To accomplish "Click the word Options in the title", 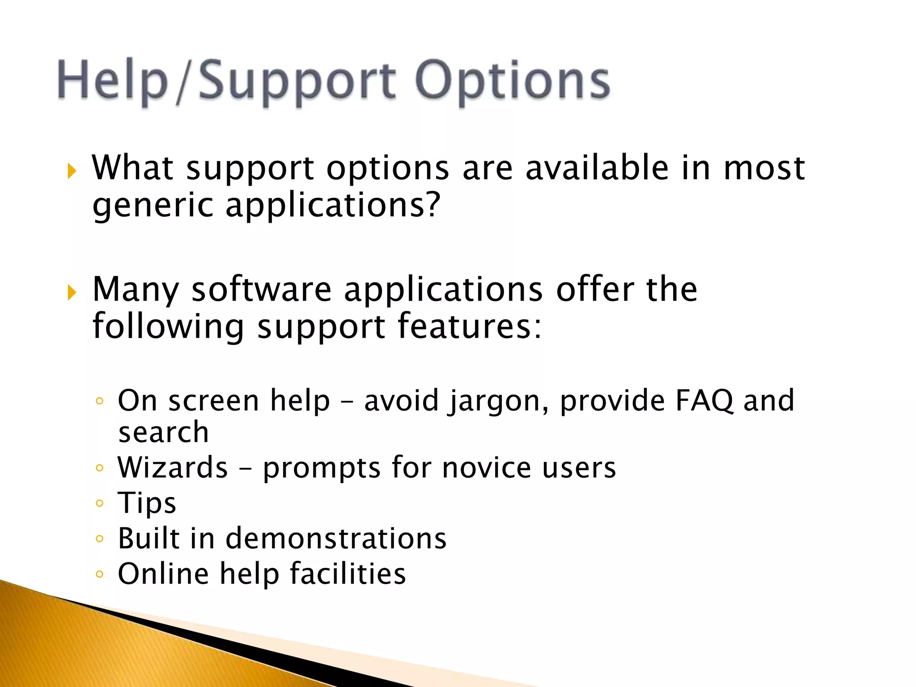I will pyautogui.click(x=512, y=81).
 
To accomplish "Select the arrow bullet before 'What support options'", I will pyautogui.click(x=72, y=171).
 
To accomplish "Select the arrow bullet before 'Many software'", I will pyautogui.click(x=72, y=293).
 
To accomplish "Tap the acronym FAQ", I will pyautogui.click(x=704, y=400).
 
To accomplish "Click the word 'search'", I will pyautogui.click(x=163, y=433).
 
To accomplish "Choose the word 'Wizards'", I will pyautogui.click(x=173, y=468).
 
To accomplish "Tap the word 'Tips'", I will pyautogui.click(x=147, y=503).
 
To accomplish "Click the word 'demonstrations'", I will pyautogui.click(x=336, y=539).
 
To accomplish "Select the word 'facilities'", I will pyautogui.click(x=348, y=574).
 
